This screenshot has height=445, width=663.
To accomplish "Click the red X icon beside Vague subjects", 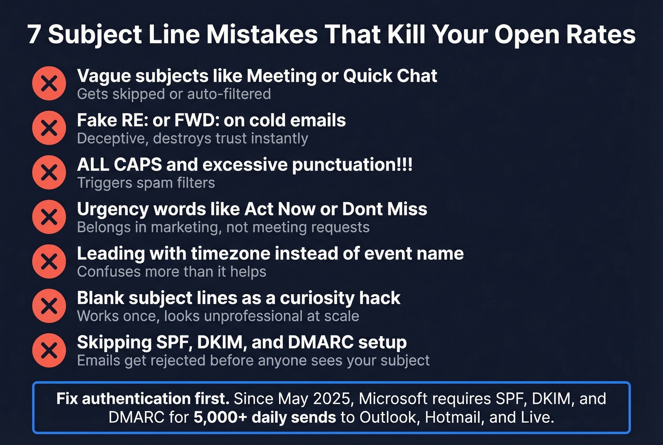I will pyautogui.click(x=49, y=84).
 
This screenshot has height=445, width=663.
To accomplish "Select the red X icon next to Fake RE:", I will pyautogui.click(x=49, y=128).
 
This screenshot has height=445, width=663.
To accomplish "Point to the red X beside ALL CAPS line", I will pyautogui.click(x=49, y=173).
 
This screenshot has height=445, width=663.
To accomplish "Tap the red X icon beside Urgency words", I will pyautogui.click(x=49, y=217).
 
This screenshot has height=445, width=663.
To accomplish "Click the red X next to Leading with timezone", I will pyautogui.click(x=49, y=262).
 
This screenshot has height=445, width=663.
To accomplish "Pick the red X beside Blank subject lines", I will pyautogui.click(x=49, y=306).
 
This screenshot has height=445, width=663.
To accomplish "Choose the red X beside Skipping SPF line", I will pyautogui.click(x=49, y=350).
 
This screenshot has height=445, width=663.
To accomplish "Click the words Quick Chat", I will pyautogui.click(x=390, y=76).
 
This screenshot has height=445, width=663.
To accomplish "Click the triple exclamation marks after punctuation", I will pyautogui.click(x=405, y=164).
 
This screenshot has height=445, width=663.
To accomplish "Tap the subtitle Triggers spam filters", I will pyautogui.click(x=146, y=183).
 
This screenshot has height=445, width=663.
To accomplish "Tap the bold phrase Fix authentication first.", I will pyautogui.click(x=143, y=399).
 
